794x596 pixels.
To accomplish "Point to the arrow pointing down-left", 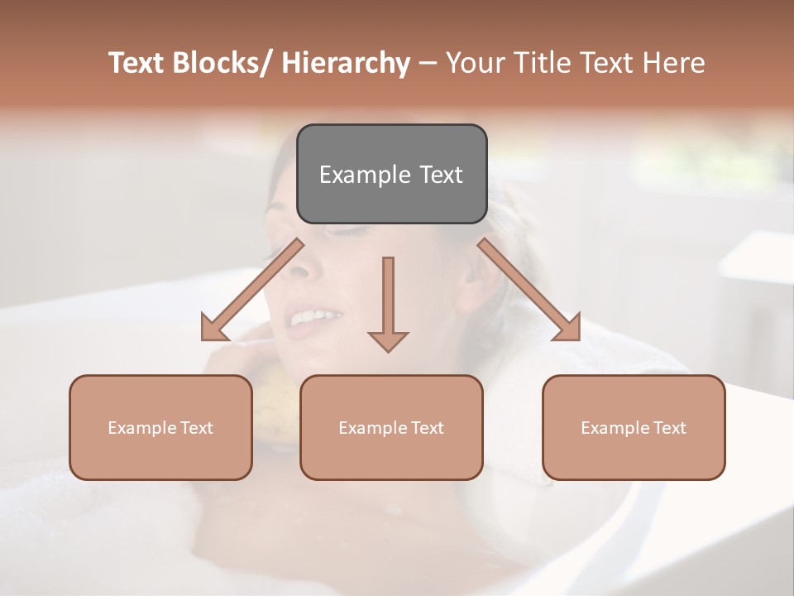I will (252, 290).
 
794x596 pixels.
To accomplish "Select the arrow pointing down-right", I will (529, 290).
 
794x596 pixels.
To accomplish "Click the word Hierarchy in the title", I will (346, 63).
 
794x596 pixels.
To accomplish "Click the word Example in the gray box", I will (365, 175).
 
